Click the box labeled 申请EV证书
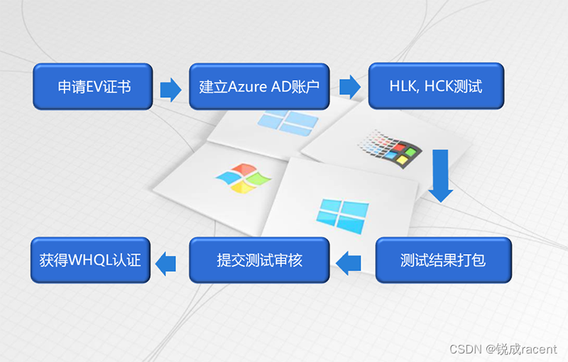tap(93, 87)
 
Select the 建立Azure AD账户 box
tap(259, 87)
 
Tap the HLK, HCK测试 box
tap(435, 87)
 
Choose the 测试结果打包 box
tap(443, 260)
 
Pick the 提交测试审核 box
tap(259, 260)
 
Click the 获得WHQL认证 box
tap(90, 260)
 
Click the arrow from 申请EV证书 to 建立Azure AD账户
tap(170, 89)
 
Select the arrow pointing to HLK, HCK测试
tap(350, 87)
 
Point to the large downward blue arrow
tap(441, 174)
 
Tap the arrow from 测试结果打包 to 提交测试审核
tap(348, 263)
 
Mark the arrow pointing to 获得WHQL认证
tap(166, 263)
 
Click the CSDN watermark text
tap(466, 349)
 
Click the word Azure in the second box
tap(249, 87)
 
